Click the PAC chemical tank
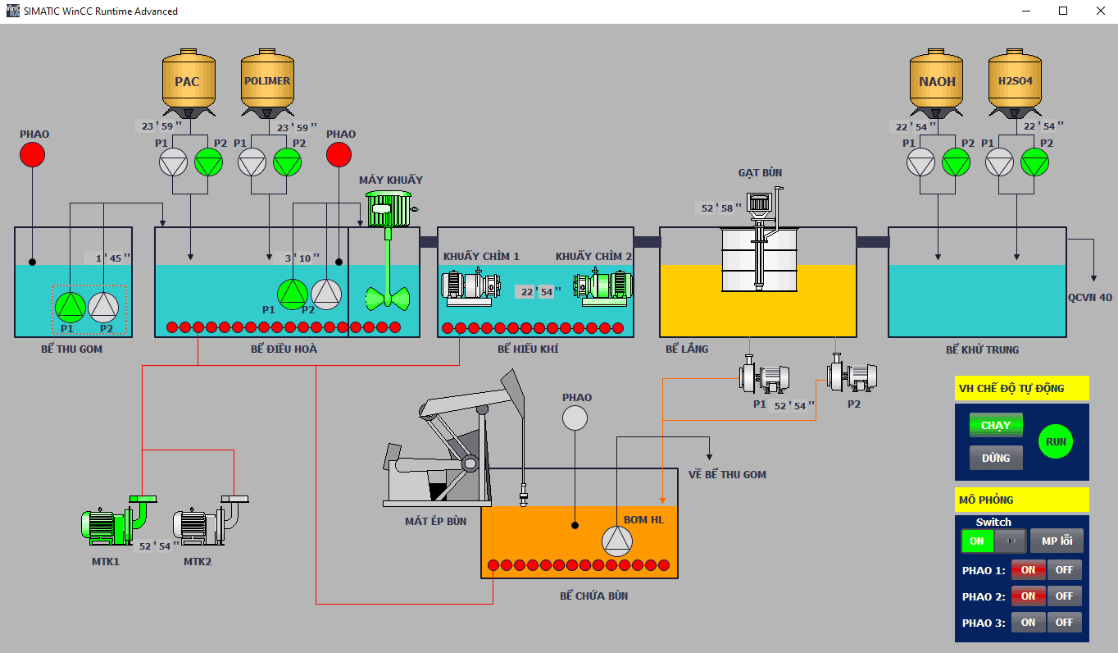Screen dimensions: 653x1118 (188, 81)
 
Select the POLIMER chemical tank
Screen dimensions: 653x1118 (267, 81)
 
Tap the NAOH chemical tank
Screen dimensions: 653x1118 (937, 81)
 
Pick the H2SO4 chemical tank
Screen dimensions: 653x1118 (1015, 81)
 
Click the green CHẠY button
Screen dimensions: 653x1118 (996, 425)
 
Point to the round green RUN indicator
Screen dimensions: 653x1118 (1056, 441)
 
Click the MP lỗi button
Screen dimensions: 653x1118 (1057, 541)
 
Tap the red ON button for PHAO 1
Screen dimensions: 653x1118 (1028, 570)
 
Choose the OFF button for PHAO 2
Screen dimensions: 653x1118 (1064, 596)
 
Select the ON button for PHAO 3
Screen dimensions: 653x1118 (1028, 623)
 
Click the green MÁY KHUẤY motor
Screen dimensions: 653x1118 (388, 209)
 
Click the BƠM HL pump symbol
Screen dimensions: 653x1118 (618, 541)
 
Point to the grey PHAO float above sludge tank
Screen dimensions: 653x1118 (575, 418)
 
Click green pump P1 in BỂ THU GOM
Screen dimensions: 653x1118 (70, 307)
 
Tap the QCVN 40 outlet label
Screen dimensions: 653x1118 (1089, 297)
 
